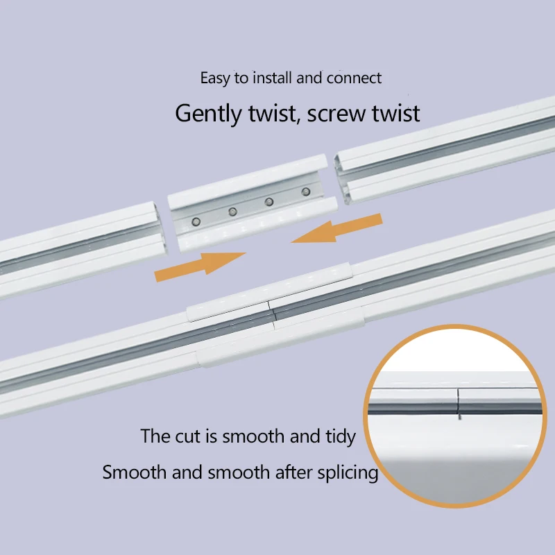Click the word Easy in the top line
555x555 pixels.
pyautogui.click(x=215, y=78)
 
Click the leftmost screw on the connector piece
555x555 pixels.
pyautogui.click(x=196, y=221)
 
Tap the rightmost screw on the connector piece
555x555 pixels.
pyautogui.click(x=305, y=191)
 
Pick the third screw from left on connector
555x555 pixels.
pyautogui.click(x=269, y=201)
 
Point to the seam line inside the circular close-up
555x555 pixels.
pyautogui.click(x=459, y=402)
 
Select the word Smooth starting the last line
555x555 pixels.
pyautogui.click(x=134, y=473)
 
